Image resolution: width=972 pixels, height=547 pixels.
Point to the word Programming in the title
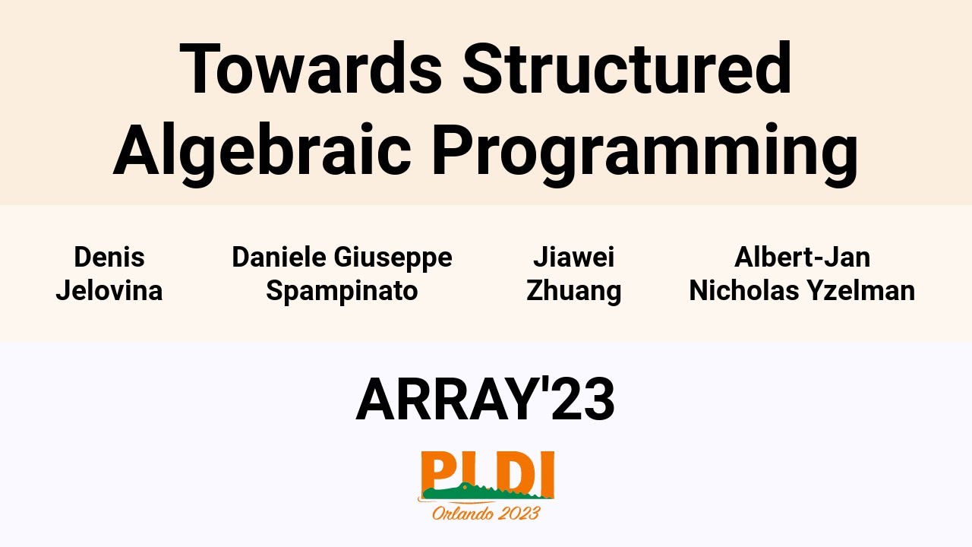tap(645, 152)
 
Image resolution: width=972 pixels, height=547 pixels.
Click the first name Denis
tap(109, 258)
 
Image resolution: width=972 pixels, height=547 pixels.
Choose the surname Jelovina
tap(109, 290)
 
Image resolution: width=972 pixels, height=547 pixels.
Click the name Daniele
tap(278, 258)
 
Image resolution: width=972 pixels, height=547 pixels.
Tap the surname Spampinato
tap(342, 291)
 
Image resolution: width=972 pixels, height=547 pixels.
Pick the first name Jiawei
tap(573, 258)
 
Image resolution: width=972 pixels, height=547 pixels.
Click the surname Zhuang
tap(573, 291)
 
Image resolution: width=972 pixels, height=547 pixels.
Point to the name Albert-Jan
tap(802, 258)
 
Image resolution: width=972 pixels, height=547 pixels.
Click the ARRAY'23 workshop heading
tap(485, 400)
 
